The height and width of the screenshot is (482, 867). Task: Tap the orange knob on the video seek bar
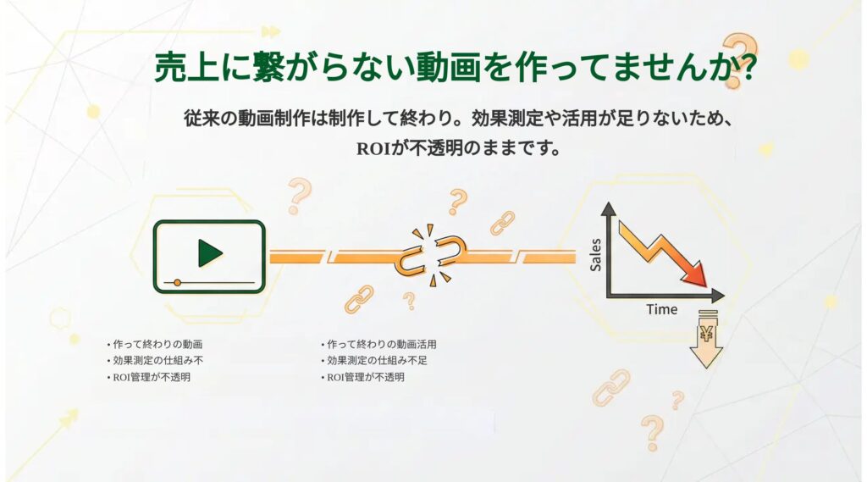[177, 282]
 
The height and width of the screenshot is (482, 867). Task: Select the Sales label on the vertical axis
[595, 254]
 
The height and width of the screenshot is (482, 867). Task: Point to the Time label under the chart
[661, 309]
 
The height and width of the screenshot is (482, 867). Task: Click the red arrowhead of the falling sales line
[696, 276]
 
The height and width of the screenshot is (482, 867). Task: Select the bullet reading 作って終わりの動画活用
[381, 345]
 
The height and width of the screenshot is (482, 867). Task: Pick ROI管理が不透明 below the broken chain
[365, 377]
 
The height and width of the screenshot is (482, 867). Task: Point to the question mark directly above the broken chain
[458, 201]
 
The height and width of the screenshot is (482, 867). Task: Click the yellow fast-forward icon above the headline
[269, 32]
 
